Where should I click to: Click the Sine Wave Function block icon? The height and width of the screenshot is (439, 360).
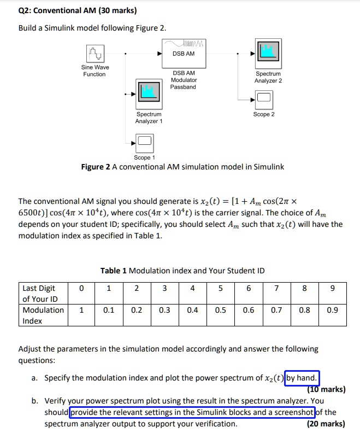[x=95, y=54]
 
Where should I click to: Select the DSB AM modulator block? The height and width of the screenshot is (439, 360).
[x=184, y=54]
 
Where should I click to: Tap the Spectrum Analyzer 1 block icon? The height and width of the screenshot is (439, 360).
[x=149, y=94]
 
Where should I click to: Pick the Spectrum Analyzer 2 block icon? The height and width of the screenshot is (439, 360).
[x=268, y=54]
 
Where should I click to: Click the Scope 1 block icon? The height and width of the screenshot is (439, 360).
[x=145, y=143]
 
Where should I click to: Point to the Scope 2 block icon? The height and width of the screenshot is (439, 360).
[x=264, y=99]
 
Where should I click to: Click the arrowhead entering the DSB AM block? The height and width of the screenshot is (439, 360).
[x=160, y=54]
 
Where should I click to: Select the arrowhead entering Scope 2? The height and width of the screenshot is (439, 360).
[x=252, y=99]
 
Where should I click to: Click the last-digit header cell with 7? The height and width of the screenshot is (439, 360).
[x=276, y=293]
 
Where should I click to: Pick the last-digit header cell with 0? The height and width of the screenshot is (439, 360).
[x=81, y=293]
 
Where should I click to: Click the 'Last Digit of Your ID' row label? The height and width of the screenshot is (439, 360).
[x=40, y=294]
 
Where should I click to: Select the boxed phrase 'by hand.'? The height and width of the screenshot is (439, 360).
[x=302, y=378]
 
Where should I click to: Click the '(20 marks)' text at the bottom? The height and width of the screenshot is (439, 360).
[x=326, y=424]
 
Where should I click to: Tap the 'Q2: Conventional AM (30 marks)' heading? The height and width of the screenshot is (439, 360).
[x=78, y=10]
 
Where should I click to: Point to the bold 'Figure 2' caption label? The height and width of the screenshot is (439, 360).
[x=96, y=167]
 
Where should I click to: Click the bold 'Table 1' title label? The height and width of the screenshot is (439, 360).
[x=114, y=271]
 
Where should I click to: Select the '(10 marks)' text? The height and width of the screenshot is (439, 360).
[x=327, y=389]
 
